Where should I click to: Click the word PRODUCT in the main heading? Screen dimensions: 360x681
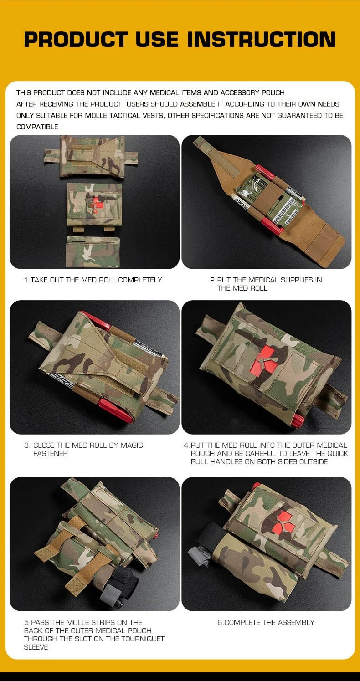[76, 40]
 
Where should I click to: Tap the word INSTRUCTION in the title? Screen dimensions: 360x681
[262, 40]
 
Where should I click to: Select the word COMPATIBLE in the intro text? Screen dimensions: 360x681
[37, 127]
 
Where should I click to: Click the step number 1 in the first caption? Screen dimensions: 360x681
[26, 280]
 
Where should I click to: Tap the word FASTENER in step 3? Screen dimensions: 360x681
[51, 454]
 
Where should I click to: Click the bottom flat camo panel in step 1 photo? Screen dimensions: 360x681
[93, 252]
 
